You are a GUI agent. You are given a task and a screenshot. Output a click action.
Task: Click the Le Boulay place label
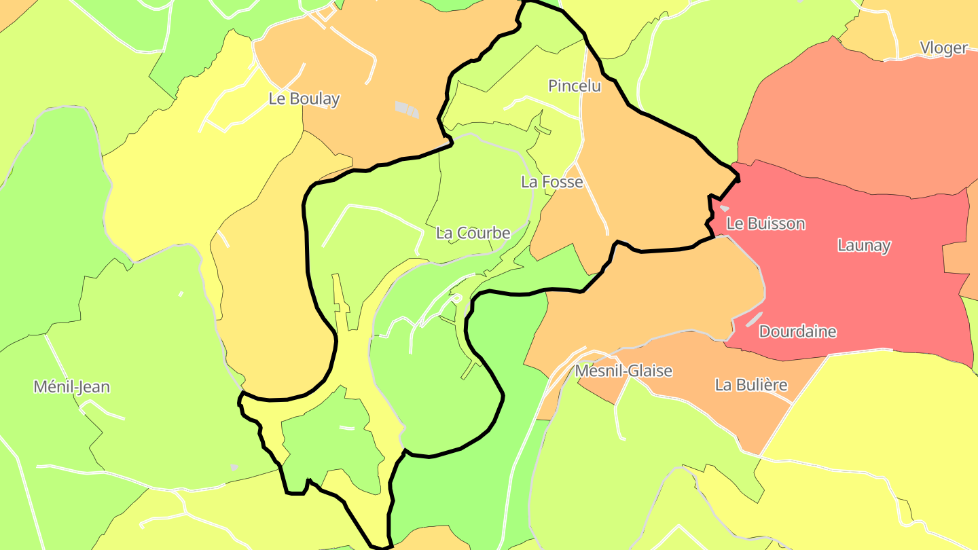point(304,98)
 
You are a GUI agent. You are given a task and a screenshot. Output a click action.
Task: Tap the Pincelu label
point(574,86)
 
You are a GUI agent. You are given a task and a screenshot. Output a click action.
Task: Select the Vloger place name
point(943,48)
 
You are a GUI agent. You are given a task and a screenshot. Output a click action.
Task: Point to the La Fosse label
point(551,182)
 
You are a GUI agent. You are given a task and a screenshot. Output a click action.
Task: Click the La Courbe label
point(473,233)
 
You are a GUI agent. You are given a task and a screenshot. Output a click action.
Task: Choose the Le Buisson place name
point(765,223)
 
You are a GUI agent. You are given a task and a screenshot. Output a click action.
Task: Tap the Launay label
point(863,245)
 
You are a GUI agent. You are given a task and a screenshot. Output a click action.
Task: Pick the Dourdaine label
point(797,332)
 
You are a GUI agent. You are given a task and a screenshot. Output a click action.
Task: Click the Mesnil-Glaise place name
point(623,371)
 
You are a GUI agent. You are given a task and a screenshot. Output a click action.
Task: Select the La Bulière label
point(750,385)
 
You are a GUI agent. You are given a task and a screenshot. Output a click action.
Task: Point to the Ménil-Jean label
point(71,387)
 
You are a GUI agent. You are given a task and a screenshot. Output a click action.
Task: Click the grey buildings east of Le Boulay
point(407,109)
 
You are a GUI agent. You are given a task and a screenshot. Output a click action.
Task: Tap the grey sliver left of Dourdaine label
point(753,319)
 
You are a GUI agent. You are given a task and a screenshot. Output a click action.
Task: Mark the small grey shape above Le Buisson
point(724,208)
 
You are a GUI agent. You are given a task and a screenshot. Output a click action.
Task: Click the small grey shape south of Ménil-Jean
point(234,467)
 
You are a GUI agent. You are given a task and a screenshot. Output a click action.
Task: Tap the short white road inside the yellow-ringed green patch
point(346,428)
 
